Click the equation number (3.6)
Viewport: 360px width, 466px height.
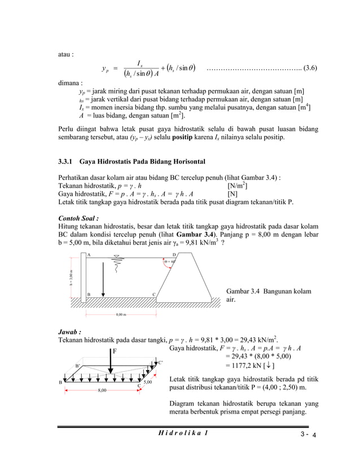310,69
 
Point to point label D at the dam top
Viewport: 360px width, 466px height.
174,255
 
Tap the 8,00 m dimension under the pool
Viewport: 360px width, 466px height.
121,314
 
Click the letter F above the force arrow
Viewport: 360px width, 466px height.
113,350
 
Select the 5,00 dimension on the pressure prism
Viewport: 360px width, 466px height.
148,383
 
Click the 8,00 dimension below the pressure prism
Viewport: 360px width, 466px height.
101,390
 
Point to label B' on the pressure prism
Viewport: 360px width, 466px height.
78,366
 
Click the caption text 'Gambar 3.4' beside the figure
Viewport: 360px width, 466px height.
242,291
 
